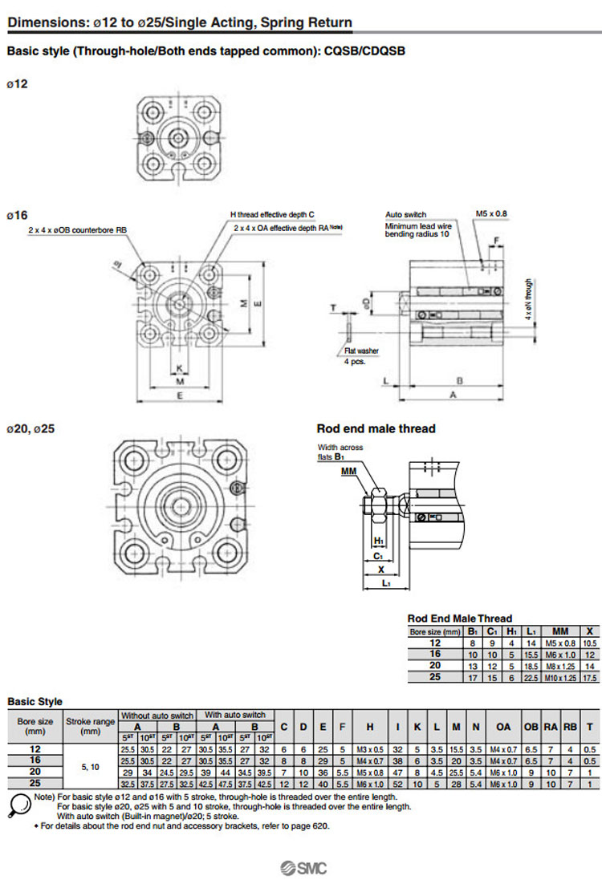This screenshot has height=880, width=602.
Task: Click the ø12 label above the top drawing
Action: coord(17,83)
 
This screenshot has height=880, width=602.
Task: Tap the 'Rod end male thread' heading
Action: coord(376,428)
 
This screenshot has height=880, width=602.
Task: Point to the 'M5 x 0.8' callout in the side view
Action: coord(491,213)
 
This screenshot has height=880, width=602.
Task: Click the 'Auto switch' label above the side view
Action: coord(405,215)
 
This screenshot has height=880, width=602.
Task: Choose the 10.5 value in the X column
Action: coord(590,643)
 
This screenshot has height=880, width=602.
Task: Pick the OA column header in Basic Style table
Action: coord(503,727)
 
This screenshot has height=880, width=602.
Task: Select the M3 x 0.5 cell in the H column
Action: coord(370,748)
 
